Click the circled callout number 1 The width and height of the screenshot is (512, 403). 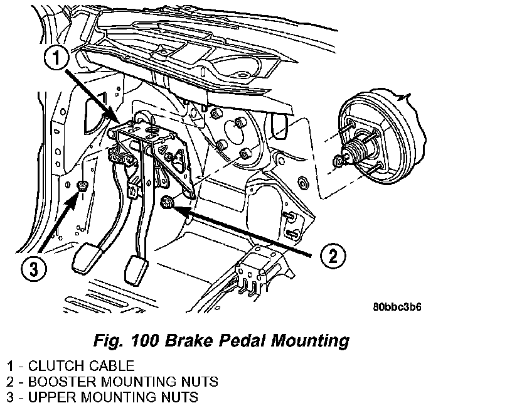56,58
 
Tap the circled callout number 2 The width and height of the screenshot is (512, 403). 333,255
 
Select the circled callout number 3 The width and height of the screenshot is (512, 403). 34,269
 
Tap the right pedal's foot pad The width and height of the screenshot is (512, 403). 137,271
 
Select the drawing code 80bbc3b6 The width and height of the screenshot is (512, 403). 397,307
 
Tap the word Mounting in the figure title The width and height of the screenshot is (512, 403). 310,341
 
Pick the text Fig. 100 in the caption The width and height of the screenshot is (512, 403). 126,340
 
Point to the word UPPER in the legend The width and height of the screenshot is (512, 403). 52,397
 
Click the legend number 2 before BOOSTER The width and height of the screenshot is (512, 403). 11,382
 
